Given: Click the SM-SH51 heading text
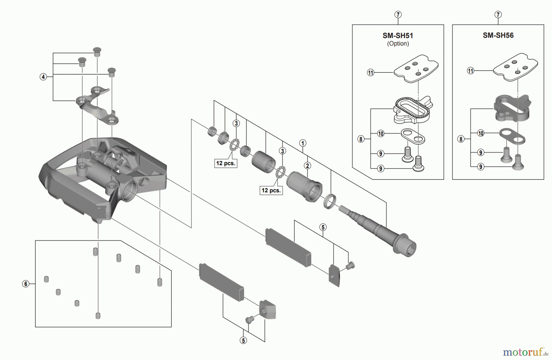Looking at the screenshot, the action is tap(398, 36).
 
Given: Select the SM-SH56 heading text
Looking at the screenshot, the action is tap(498, 35).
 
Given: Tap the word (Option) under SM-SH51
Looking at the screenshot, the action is tap(398, 44).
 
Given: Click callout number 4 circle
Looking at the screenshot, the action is tap(43, 77).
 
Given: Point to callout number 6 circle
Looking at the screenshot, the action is tap(26, 284).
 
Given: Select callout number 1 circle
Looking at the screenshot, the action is tap(303, 143).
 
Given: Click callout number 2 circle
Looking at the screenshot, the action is tap(307, 166).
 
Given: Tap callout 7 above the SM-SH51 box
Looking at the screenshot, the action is tap(398, 14).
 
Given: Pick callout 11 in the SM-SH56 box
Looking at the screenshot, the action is tap(470, 71).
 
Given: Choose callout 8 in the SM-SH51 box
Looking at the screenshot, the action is tap(361, 139).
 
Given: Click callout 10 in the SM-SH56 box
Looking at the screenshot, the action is tap(481, 133).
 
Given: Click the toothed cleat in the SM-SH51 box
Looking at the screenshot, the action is tap(413, 109).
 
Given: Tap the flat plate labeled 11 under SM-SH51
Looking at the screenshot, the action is tap(416, 68).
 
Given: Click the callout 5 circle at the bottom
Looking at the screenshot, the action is tap(243, 340).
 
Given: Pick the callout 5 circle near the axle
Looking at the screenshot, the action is tap(323, 227).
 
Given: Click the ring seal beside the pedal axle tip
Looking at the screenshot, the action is tap(330, 201).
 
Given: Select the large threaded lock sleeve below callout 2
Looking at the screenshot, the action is tap(304, 186).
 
